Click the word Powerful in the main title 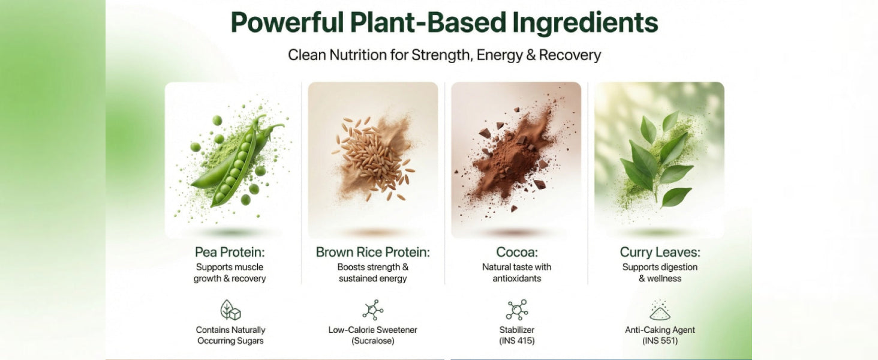tap(287, 23)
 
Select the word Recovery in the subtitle tap(570, 55)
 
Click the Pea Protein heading tap(230, 252)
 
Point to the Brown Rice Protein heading tap(373, 252)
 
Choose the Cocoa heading tap(517, 252)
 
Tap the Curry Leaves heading tap(660, 252)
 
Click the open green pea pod tap(237, 161)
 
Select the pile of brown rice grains tap(372, 157)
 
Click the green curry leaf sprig tap(659, 159)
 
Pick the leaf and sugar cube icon tap(230, 310)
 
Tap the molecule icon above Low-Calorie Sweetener tap(373, 310)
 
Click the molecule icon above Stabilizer tap(517, 310)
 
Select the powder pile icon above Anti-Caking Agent tap(660, 310)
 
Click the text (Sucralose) tap(373, 341)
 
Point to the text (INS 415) tap(517, 341)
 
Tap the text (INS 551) tap(660, 341)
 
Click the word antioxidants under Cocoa tap(517, 278)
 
